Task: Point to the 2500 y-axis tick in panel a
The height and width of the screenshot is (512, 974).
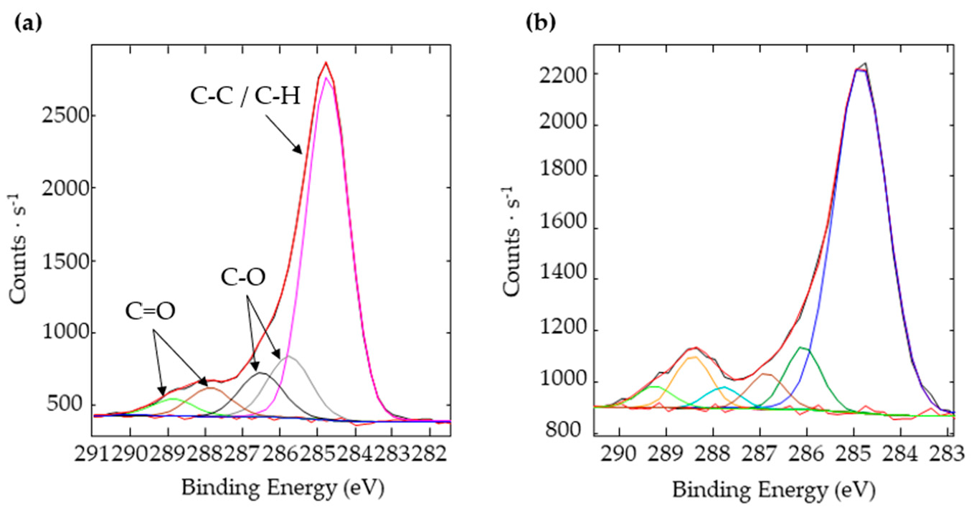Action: pyautogui.click(x=64, y=115)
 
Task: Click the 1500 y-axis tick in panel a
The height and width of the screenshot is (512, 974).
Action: pyautogui.click(x=64, y=261)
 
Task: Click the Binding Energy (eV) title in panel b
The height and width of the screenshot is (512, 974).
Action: pyautogui.click(x=774, y=490)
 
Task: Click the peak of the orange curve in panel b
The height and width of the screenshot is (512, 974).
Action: pyautogui.click(x=693, y=357)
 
